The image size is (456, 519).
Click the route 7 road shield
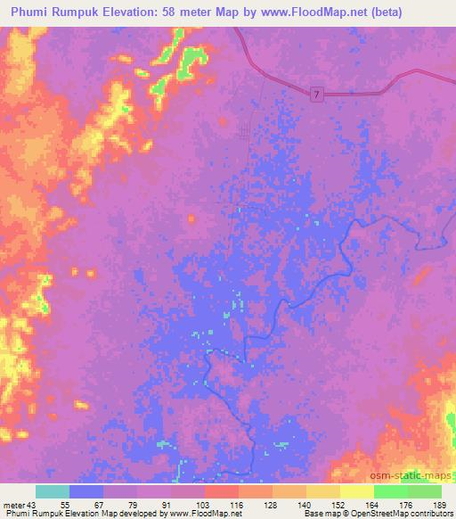point(317,94)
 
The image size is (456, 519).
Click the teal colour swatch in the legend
point(53,491)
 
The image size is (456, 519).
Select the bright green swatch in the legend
point(390,491)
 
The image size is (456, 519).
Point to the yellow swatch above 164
point(356,491)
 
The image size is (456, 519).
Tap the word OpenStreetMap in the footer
point(391,514)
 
